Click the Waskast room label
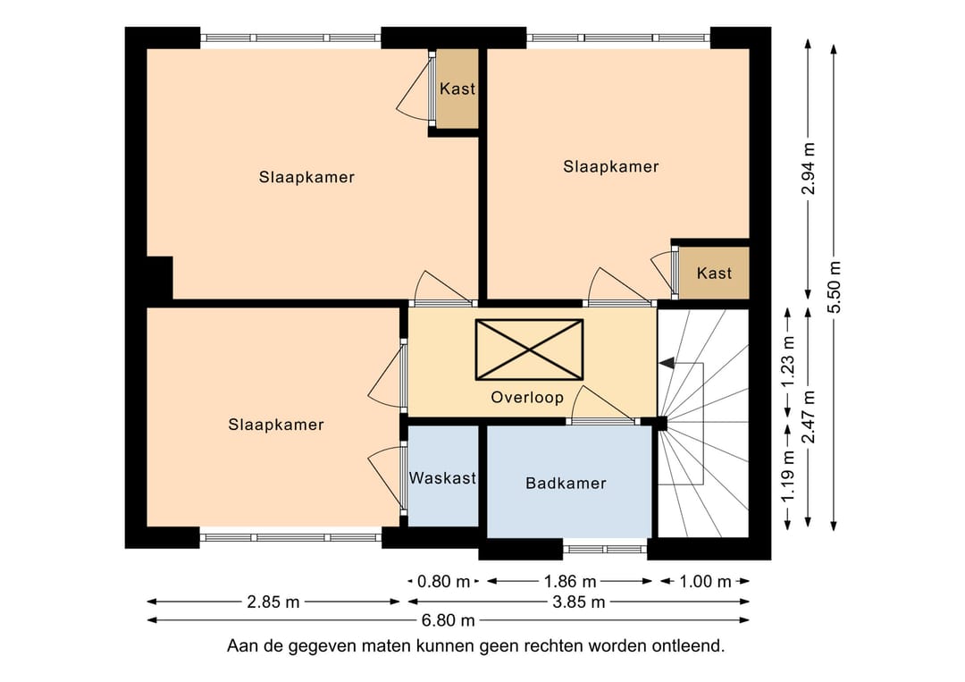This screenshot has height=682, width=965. coord(442,477)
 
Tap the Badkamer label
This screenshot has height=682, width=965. coord(566,484)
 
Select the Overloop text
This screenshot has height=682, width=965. coord(527,398)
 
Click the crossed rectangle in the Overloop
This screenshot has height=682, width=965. coord(529,349)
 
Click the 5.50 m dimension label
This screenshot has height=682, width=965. coord(834,287)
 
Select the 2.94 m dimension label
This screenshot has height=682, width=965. coord(808,168)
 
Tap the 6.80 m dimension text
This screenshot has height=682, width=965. coord(448,620)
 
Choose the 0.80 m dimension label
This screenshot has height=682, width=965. coord(443,581)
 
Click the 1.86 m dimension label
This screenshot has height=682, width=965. coord(570,581)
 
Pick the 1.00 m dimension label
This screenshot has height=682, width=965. coord(705,581)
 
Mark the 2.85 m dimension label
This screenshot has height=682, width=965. coord(273,602)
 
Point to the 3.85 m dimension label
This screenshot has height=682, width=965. coord(578,602)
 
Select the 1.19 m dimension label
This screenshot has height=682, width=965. coord(788,476)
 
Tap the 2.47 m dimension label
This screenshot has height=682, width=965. coord(808,417)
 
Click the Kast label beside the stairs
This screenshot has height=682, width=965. coord(714,273)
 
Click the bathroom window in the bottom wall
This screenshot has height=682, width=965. coord(605,548)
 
